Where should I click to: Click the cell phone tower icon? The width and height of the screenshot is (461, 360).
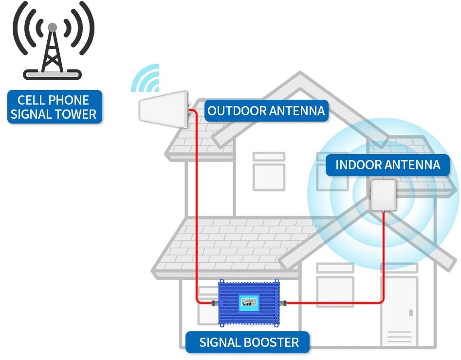coord(53,41)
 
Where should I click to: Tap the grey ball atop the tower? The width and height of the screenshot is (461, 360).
coord(53,27)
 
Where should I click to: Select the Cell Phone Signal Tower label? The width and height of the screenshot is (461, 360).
coord(55,107)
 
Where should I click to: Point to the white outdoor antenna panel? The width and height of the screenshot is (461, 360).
coord(163,109)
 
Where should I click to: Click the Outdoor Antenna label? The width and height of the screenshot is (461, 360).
coord(266,111)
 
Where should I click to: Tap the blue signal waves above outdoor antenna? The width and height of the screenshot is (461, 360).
coord(146,78)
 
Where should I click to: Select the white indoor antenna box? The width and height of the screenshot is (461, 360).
coord(384,195)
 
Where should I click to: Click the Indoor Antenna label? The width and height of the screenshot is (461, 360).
coord(388,165)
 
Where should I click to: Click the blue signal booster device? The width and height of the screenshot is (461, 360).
coord(249,303)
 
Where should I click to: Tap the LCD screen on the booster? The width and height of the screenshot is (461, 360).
coord(249,303)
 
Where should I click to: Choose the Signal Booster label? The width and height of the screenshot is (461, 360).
coord(248,342)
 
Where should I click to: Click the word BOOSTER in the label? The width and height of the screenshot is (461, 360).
coord(271,342)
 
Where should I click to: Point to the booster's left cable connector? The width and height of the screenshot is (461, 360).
coord(215,303)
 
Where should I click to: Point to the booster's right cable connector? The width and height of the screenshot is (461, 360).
coord(283,303)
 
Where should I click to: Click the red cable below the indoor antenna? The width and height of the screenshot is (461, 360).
coord(384,256)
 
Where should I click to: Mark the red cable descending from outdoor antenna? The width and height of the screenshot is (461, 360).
coord(196,206)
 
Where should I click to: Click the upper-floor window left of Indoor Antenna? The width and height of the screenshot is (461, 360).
coord(269,171)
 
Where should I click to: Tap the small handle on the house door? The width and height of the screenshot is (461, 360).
coord(411,313)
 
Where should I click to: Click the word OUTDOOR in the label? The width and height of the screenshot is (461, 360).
coord(237,111)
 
